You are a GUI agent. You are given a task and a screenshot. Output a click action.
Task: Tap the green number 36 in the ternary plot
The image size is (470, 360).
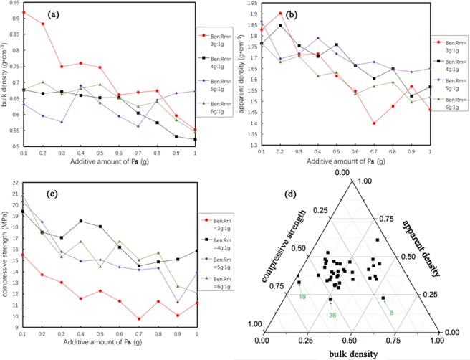tap(332, 315)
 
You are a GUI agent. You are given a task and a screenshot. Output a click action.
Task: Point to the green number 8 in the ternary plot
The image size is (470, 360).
tap(391, 312)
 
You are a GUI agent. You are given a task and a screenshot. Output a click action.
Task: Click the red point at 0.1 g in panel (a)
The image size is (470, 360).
tap(24, 13)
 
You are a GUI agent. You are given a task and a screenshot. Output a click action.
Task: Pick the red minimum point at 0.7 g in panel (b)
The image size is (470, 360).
tap(374, 123)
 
